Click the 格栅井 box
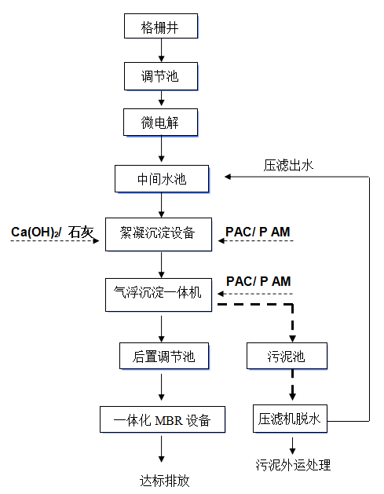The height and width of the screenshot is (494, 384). pos(161,26)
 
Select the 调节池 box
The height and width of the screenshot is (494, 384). pos(161,76)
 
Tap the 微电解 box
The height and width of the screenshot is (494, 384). pos(161,123)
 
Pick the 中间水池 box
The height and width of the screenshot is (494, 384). pos(162,178)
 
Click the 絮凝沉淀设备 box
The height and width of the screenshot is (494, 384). pos(160,233)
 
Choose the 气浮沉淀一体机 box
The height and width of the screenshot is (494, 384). pos(159,292)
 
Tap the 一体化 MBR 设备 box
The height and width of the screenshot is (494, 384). pos(162,418)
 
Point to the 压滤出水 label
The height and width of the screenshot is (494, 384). pos(288,166)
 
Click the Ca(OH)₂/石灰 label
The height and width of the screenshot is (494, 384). pos(52,232)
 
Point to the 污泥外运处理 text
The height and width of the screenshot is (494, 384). pos(293,465)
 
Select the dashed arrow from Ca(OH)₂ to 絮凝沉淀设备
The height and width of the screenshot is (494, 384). pos(55,243)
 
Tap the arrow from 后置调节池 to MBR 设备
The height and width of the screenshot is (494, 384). pos(162,387)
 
